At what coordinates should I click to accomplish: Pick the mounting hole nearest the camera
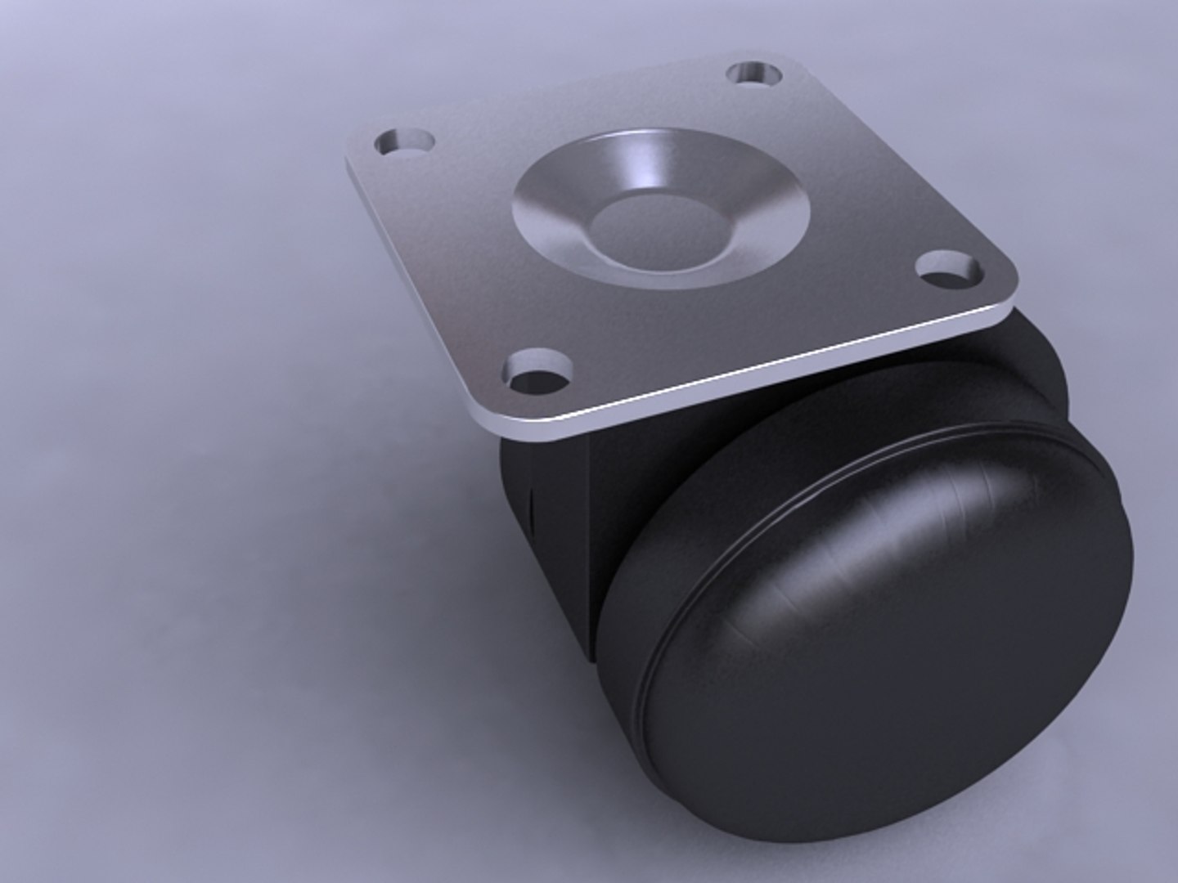[538, 369]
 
